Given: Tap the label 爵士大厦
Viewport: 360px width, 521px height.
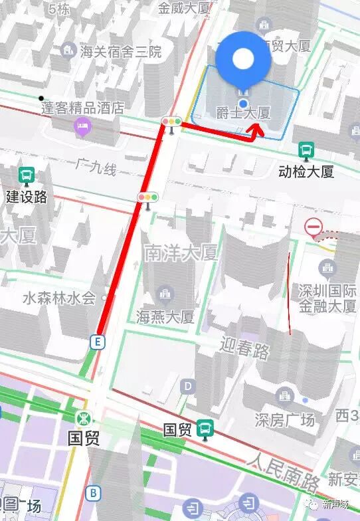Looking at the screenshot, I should click(x=244, y=114).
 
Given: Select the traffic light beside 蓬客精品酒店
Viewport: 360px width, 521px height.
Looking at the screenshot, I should click(x=172, y=122).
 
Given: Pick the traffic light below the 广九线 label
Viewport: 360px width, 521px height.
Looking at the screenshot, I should click(x=147, y=197).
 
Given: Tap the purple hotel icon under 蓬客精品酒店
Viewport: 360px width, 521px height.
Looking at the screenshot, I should click(x=82, y=126).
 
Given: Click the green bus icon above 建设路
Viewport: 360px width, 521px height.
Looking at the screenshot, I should click(x=27, y=176).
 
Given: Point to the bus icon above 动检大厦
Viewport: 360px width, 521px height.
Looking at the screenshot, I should click(x=306, y=151).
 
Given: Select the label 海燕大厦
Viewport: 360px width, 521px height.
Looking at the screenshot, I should click(x=165, y=316).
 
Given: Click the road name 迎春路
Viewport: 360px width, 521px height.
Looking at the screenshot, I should click(x=245, y=347).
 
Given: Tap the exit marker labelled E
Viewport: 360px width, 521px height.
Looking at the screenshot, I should click(x=98, y=342).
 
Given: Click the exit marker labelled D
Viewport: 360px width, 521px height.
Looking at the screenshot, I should click(x=189, y=385).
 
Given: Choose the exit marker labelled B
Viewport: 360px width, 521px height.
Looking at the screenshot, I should click(x=94, y=492).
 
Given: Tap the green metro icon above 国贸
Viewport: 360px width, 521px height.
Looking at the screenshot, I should click(x=84, y=419).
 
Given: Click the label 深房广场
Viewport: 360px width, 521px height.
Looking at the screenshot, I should click(x=285, y=419).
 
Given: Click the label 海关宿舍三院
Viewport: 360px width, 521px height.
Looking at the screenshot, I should click(x=110, y=51).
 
